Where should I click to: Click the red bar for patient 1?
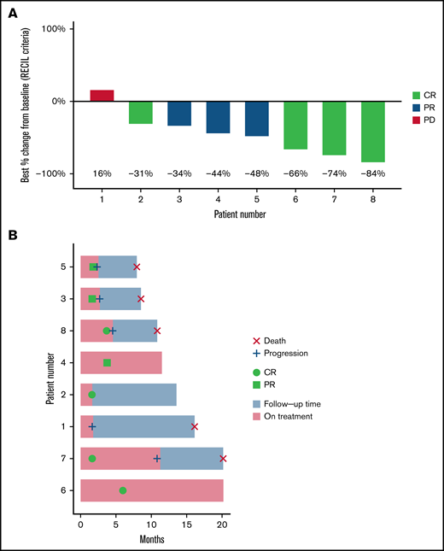[x=102, y=95]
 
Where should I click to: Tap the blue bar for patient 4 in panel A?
[x=218, y=117]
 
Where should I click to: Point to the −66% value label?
[x=295, y=173]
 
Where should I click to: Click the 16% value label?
[x=102, y=173]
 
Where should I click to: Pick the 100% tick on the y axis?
[x=53, y=29]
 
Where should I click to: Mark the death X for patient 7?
[x=223, y=459]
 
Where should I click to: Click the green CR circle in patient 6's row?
[x=123, y=490]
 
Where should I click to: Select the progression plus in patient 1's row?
[x=92, y=426]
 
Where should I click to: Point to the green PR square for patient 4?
[x=107, y=363]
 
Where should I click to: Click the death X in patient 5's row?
[x=137, y=267]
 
